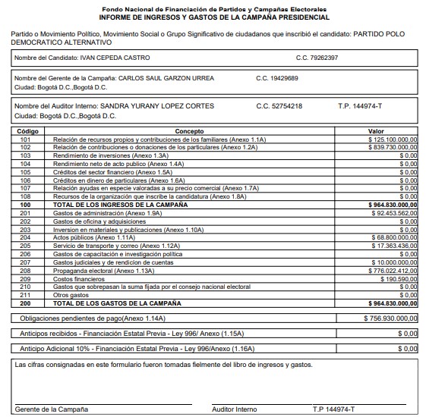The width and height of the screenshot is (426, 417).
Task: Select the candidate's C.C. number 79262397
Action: click(x=317, y=58)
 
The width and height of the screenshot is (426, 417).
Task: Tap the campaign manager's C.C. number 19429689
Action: click(x=277, y=78)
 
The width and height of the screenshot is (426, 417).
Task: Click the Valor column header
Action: click(x=376, y=131)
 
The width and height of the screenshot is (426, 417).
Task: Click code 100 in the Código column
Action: click(x=26, y=204)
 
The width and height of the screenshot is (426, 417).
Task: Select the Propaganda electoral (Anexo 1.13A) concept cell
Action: click(x=103, y=270)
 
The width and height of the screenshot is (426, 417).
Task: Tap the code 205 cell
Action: click(x=26, y=246)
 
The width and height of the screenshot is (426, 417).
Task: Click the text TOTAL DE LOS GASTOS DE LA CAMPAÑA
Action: click(x=112, y=303)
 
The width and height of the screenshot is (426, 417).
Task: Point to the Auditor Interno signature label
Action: click(x=235, y=409)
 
